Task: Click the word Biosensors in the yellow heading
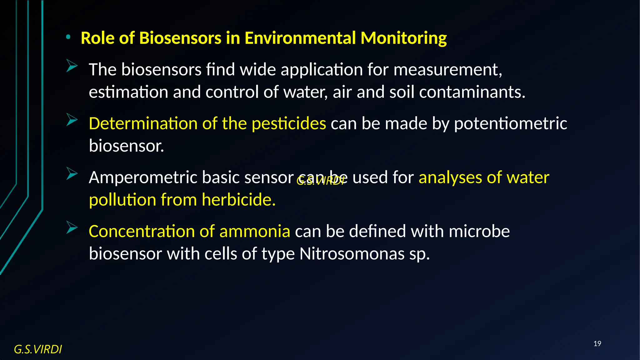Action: click(x=180, y=38)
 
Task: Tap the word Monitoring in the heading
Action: click(x=403, y=39)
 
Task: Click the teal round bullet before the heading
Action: click(x=68, y=37)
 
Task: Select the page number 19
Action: click(x=597, y=344)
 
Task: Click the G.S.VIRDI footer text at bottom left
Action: click(x=38, y=349)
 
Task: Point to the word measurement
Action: click(x=447, y=69)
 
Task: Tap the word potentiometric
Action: click(x=510, y=123)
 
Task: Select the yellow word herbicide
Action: click(x=238, y=200)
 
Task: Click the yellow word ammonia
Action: click(x=255, y=232)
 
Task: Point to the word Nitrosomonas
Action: click(x=352, y=254)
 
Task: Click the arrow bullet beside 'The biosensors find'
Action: click(x=72, y=66)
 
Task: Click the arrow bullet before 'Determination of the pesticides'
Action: click(x=72, y=120)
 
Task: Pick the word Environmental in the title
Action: click(x=300, y=38)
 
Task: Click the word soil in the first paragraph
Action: click(x=402, y=92)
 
